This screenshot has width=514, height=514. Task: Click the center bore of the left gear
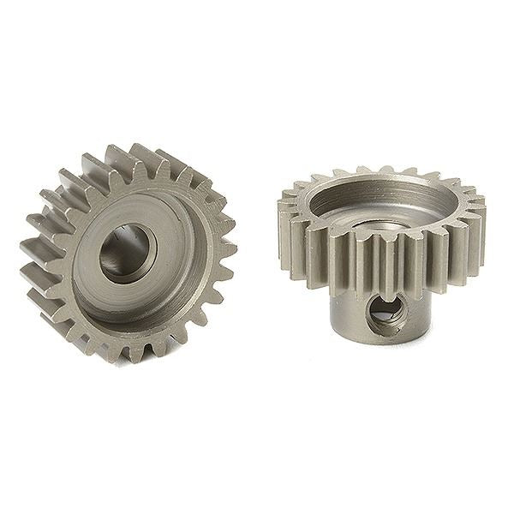click(127, 252)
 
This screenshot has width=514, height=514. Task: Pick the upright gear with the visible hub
click(381, 248)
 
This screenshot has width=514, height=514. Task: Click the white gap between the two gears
click(257, 283)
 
